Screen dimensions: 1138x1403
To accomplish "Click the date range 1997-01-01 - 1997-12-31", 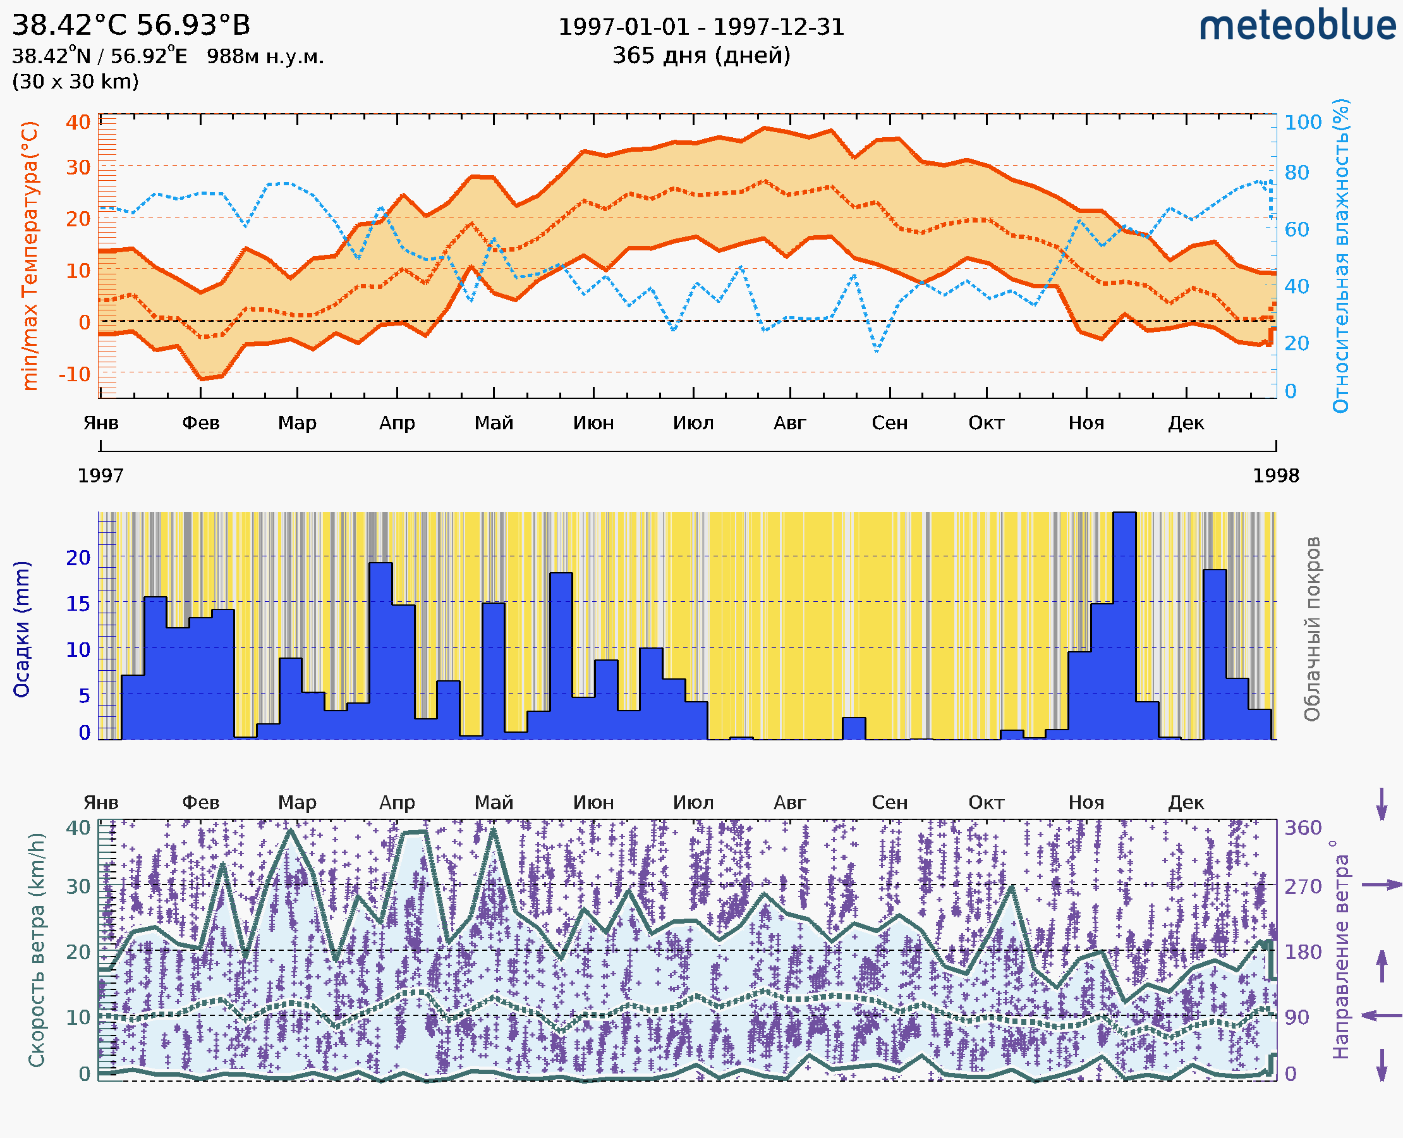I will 701,27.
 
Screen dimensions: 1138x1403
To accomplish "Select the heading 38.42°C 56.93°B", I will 131,25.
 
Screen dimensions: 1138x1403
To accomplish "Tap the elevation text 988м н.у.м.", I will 265,56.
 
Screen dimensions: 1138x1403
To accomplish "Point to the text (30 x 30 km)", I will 75,82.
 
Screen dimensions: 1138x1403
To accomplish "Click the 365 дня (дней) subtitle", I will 701,55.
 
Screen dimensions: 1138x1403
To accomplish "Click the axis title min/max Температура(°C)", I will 30,255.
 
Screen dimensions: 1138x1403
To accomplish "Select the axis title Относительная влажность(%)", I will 1340,255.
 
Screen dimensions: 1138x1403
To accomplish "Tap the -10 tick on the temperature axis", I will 75,374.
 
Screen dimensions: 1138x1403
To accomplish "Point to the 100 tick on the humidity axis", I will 1303,122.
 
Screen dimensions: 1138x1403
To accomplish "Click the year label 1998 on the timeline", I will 1276,476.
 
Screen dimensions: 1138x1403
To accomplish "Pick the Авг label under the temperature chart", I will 789,423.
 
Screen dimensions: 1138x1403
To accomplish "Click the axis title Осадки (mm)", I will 21,629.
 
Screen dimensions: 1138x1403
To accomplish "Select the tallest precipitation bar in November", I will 1124,626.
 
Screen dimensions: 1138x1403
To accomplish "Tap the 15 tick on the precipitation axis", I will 78,604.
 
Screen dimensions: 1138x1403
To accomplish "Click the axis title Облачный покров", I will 1312,629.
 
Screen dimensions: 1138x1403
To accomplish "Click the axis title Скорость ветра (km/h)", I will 36,950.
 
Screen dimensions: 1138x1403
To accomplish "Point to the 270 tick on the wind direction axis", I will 1303,886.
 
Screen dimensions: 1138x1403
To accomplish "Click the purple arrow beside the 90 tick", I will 1382,1016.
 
